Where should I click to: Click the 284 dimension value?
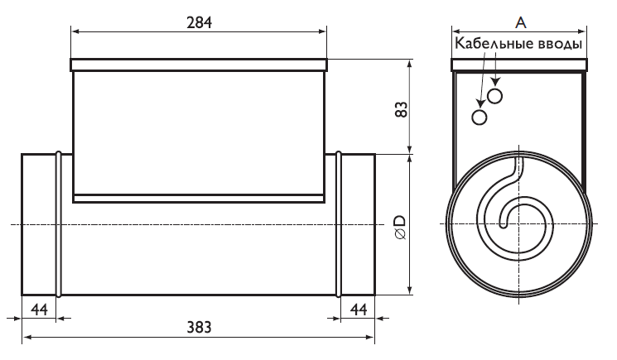200,22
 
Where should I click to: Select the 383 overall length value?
199,327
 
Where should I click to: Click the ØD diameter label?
399,224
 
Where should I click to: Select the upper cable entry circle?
495,95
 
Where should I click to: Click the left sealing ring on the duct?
58,223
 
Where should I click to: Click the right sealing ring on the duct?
340,223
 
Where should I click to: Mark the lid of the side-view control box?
200,65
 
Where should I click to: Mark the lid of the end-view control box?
519,65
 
